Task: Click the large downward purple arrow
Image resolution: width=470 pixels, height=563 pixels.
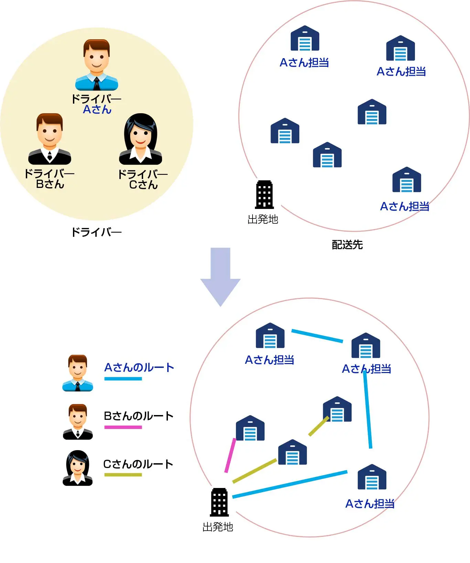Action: click(220, 275)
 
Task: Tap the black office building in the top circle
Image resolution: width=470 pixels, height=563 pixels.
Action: click(264, 195)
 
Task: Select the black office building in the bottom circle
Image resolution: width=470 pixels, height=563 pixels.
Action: click(220, 502)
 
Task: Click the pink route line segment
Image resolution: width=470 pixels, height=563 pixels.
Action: click(230, 455)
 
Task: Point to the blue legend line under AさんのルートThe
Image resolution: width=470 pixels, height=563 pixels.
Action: click(123, 379)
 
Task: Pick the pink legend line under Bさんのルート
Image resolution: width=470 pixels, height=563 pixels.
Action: click(123, 427)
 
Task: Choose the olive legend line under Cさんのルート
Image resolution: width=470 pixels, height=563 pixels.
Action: click(123, 475)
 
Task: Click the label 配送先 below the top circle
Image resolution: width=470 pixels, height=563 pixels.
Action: click(347, 245)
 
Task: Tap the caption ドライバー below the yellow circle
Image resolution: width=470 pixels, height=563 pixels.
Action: click(96, 232)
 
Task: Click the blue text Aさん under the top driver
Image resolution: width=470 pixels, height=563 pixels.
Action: click(97, 110)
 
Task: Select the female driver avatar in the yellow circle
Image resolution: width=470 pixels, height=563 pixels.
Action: click(140, 139)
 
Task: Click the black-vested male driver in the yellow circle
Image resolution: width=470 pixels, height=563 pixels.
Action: click(50, 139)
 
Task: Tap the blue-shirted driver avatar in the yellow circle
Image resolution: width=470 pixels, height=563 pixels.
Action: click(97, 65)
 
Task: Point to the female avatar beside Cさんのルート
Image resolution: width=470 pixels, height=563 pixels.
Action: click(78, 468)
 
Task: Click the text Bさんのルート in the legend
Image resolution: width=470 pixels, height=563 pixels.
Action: click(139, 416)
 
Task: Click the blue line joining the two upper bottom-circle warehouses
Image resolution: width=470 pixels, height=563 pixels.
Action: click(317, 336)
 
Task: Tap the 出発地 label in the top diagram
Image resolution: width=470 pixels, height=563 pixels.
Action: click(263, 219)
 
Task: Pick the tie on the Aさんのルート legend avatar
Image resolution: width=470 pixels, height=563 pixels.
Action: click(78, 387)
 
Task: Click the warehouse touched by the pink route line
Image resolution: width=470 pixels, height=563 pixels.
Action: click(250, 428)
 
